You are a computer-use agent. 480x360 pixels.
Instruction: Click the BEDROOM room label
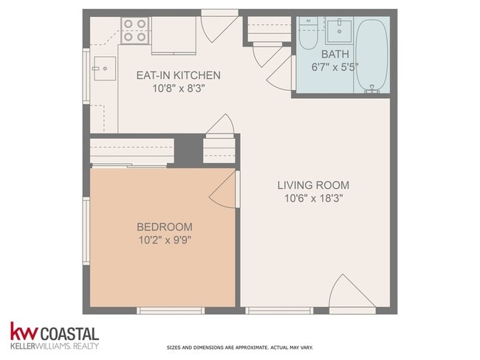coord(165,227)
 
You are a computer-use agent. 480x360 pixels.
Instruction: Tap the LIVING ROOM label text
coord(313,185)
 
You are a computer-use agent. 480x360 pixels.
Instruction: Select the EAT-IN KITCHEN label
coord(178,75)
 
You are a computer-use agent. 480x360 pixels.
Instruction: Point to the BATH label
coord(335,54)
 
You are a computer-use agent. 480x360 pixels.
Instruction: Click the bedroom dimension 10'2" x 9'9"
coord(165,240)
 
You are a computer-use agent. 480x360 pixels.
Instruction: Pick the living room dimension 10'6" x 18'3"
coord(313,198)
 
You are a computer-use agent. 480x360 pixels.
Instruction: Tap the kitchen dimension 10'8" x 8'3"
coord(179,89)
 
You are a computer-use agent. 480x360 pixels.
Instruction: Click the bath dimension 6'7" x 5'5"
coord(335,67)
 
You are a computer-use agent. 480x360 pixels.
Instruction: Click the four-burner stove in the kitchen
coord(135,30)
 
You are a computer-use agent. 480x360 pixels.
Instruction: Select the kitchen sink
coord(105,68)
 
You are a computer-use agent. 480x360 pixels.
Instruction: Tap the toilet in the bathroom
coord(308,33)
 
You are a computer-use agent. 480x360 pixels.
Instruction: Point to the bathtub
coord(372,55)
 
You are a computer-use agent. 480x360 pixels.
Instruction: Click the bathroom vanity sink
coord(339,30)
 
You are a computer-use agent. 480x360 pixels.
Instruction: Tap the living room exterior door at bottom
coord(352,291)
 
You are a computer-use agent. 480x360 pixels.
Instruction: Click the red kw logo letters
coord(24,331)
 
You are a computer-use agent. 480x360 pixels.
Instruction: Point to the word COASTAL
coord(69,333)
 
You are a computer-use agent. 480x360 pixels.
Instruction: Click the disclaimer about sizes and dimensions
coord(240,347)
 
